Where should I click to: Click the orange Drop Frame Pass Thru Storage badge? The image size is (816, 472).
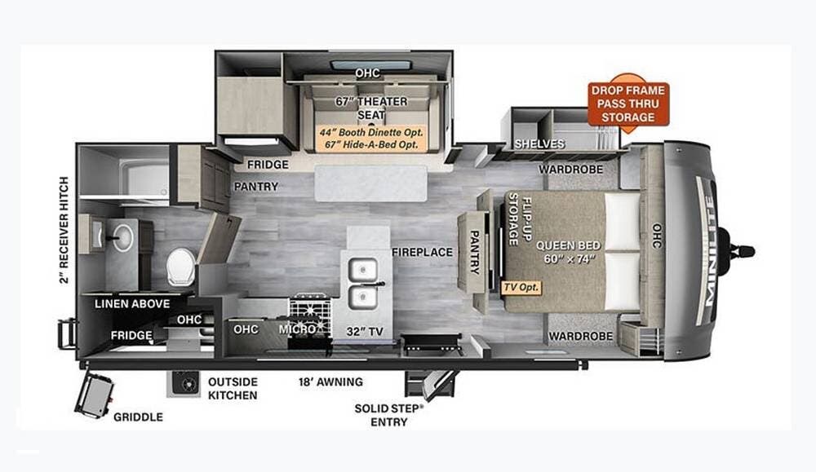pos(628,104)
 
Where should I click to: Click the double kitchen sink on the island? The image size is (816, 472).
pos(363,281)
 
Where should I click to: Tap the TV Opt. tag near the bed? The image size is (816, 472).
pos(522,288)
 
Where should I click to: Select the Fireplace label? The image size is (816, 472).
pos(421,252)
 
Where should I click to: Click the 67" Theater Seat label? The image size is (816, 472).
pos(371,108)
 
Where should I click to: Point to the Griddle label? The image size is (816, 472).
pos(138,417)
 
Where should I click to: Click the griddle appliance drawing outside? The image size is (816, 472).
pos(95,395)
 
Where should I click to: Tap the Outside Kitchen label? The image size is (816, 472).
pos(233,388)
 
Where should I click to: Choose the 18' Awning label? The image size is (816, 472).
pos(330,382)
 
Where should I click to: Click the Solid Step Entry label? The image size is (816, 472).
pos(388,414)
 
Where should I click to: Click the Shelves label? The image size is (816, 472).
pos(539,144)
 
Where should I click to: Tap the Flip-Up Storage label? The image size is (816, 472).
pos(521,220)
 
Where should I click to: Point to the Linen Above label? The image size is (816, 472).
pos(132,304)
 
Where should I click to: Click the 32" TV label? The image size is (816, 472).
pos(364,331)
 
